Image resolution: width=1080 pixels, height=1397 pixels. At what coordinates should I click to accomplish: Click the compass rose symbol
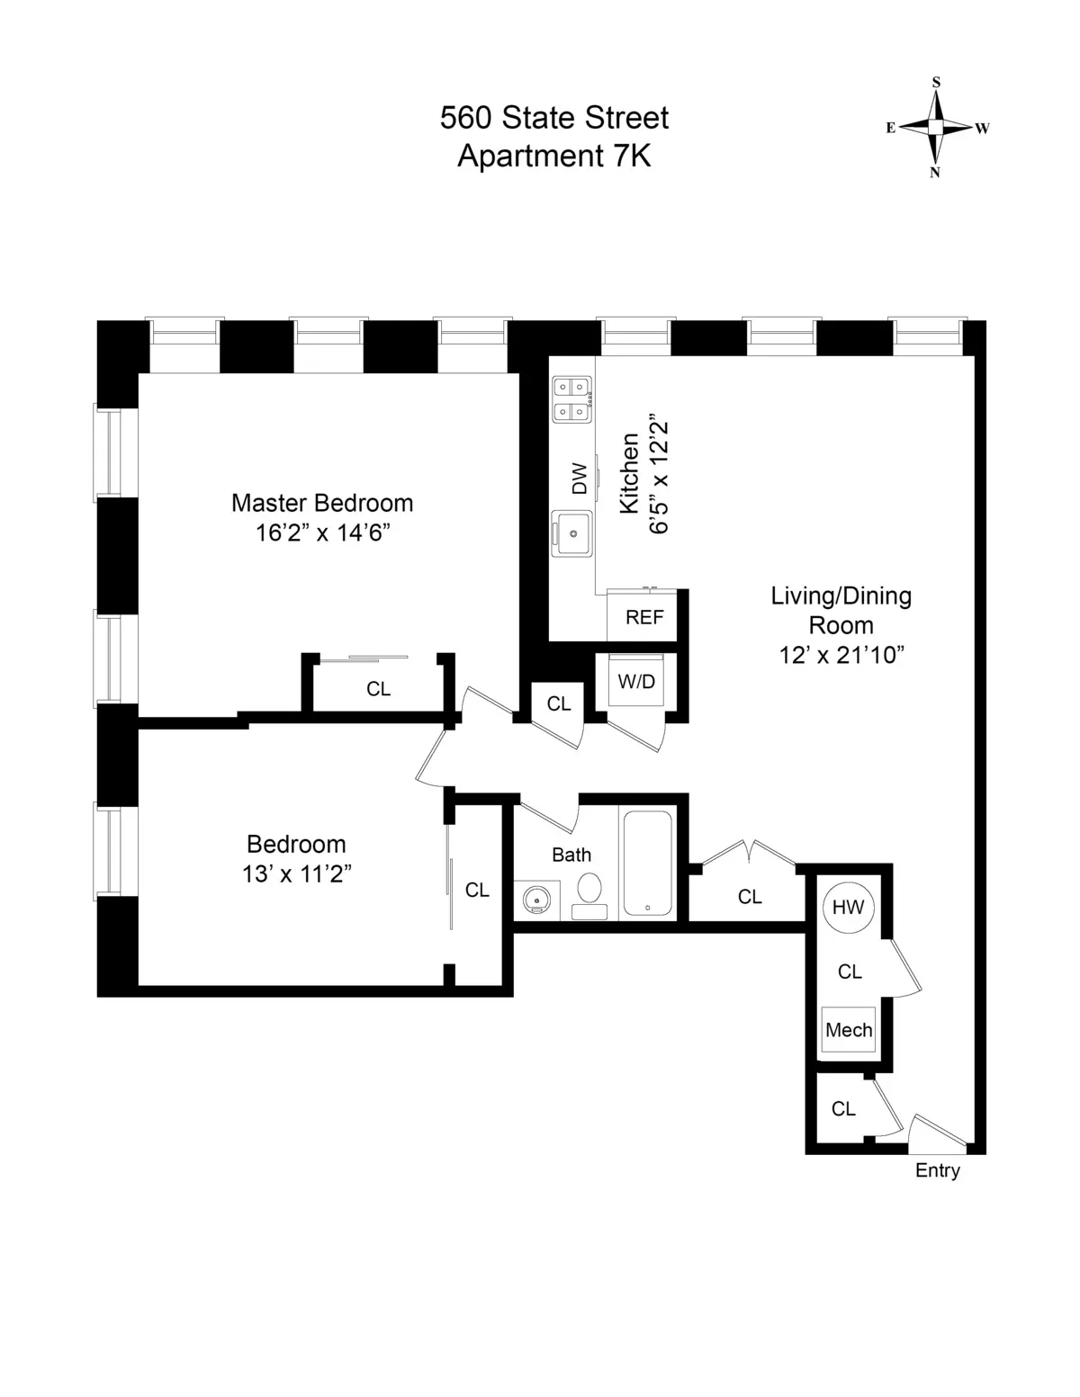936,128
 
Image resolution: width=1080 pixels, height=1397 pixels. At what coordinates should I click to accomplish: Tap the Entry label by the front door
937,1170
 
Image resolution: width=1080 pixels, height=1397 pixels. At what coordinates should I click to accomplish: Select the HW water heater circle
847,907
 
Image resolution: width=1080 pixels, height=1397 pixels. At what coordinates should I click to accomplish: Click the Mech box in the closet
848,1030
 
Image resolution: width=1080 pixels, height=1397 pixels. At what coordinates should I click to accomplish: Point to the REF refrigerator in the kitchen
644,617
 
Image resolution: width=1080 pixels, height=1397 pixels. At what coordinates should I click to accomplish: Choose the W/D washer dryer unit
636,682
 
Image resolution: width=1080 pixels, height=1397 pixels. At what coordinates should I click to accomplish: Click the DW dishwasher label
579,478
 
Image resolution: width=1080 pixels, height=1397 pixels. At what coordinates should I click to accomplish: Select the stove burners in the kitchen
572,399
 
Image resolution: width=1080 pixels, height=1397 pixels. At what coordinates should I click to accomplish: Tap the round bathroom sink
537,899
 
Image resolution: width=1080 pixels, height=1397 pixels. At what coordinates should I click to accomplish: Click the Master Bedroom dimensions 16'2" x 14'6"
322,533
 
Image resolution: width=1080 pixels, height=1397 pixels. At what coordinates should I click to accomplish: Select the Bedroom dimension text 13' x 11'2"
296,873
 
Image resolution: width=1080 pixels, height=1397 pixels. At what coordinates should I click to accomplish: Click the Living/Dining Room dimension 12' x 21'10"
841,655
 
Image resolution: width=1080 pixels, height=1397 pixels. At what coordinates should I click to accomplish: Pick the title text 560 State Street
554,118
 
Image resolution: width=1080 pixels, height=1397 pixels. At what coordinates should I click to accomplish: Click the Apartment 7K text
554,156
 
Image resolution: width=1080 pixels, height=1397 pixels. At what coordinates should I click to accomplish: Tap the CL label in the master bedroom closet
378,689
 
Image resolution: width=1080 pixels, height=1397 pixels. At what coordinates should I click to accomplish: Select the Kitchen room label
629,473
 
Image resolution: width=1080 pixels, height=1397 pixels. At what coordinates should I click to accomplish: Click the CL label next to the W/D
559,703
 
